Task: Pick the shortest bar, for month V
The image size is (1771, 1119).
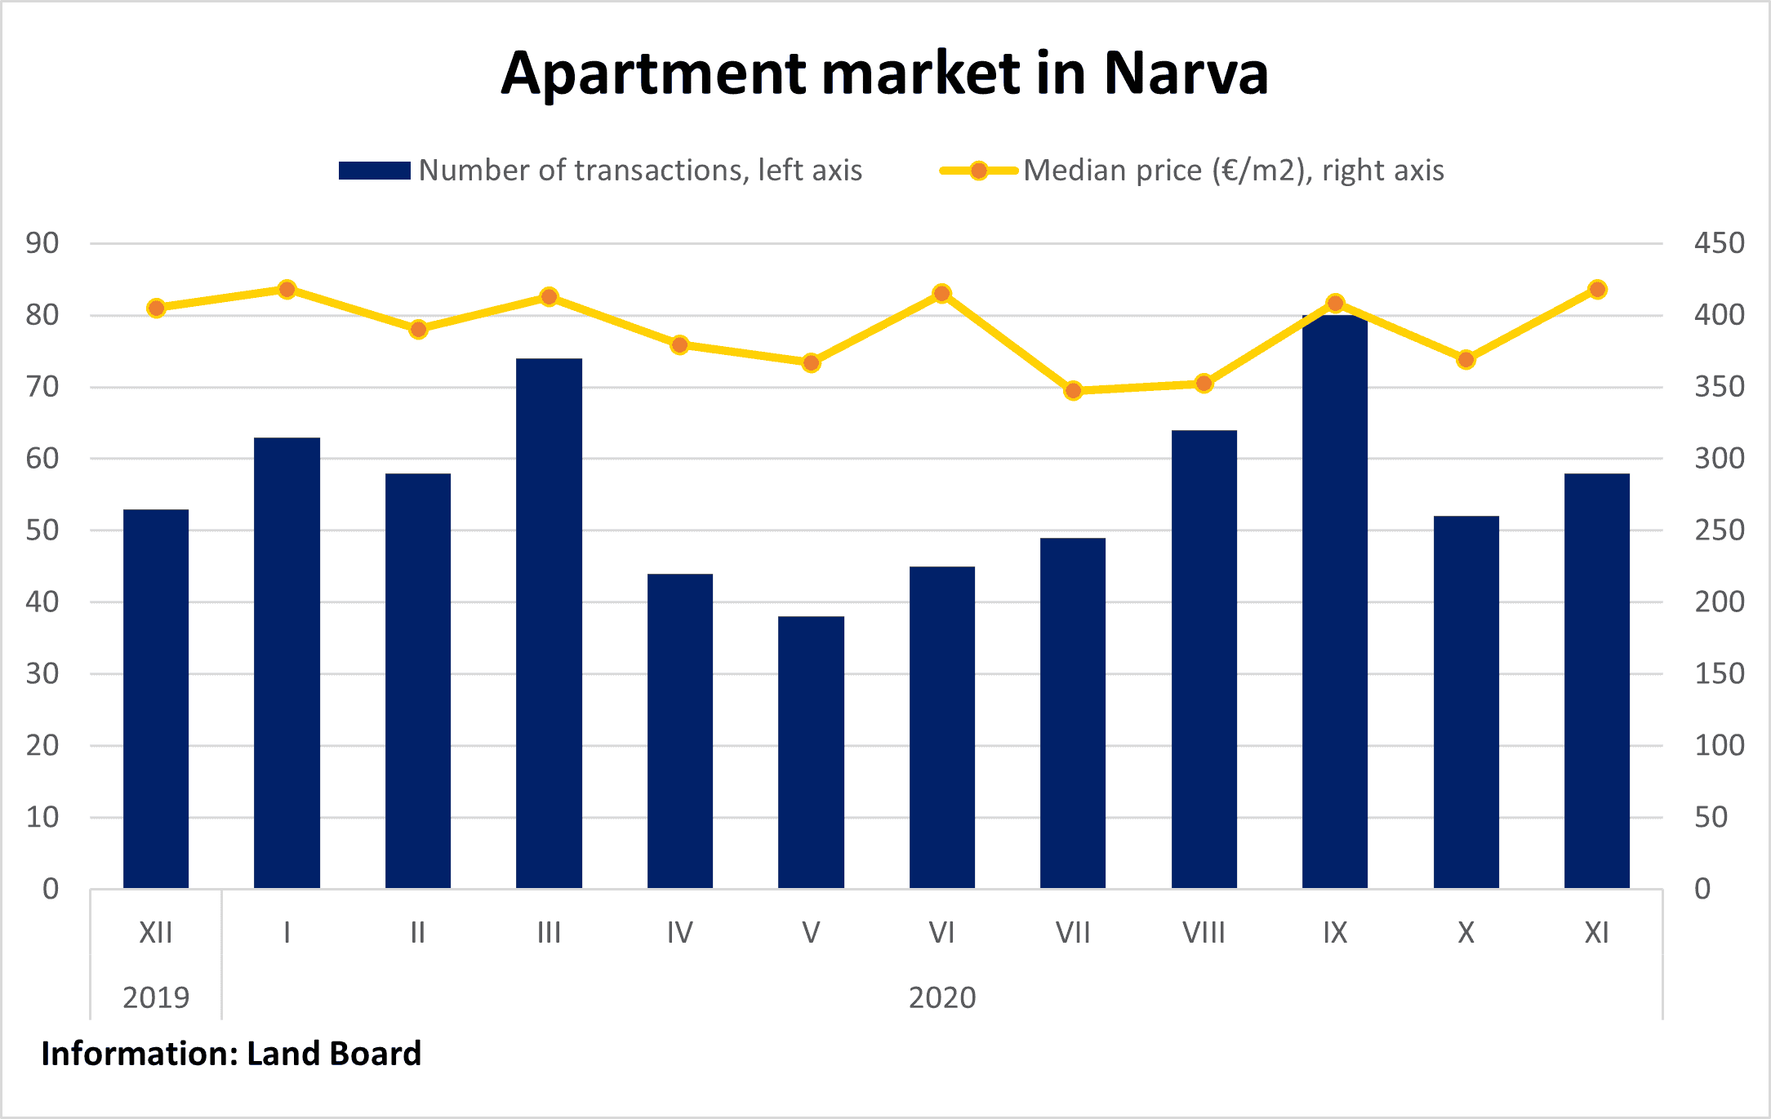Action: point(811,752)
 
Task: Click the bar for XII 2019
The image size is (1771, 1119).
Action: point(156,699)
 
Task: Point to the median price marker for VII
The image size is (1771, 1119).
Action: point(1073,391)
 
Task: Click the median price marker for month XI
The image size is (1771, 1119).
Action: point(1597,290)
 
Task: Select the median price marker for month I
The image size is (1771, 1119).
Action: point(287,290)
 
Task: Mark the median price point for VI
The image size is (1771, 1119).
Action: point(941,294)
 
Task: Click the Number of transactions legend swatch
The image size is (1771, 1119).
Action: point(374,171)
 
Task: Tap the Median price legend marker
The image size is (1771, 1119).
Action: point(978,171)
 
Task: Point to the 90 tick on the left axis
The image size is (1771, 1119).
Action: point(42,243)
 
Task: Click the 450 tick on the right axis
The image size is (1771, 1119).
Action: point(1719,243)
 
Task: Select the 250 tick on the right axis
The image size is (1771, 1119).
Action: point(1719,531)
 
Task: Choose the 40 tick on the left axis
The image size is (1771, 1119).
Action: point(42,602)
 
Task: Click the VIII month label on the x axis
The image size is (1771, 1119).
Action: point(1204,933)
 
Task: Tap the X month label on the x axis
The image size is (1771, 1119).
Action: point(1466,933)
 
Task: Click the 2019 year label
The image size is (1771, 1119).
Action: point(156,997)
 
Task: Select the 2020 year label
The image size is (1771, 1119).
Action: point(942,997)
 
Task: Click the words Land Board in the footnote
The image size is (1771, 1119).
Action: point(334,1054)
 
